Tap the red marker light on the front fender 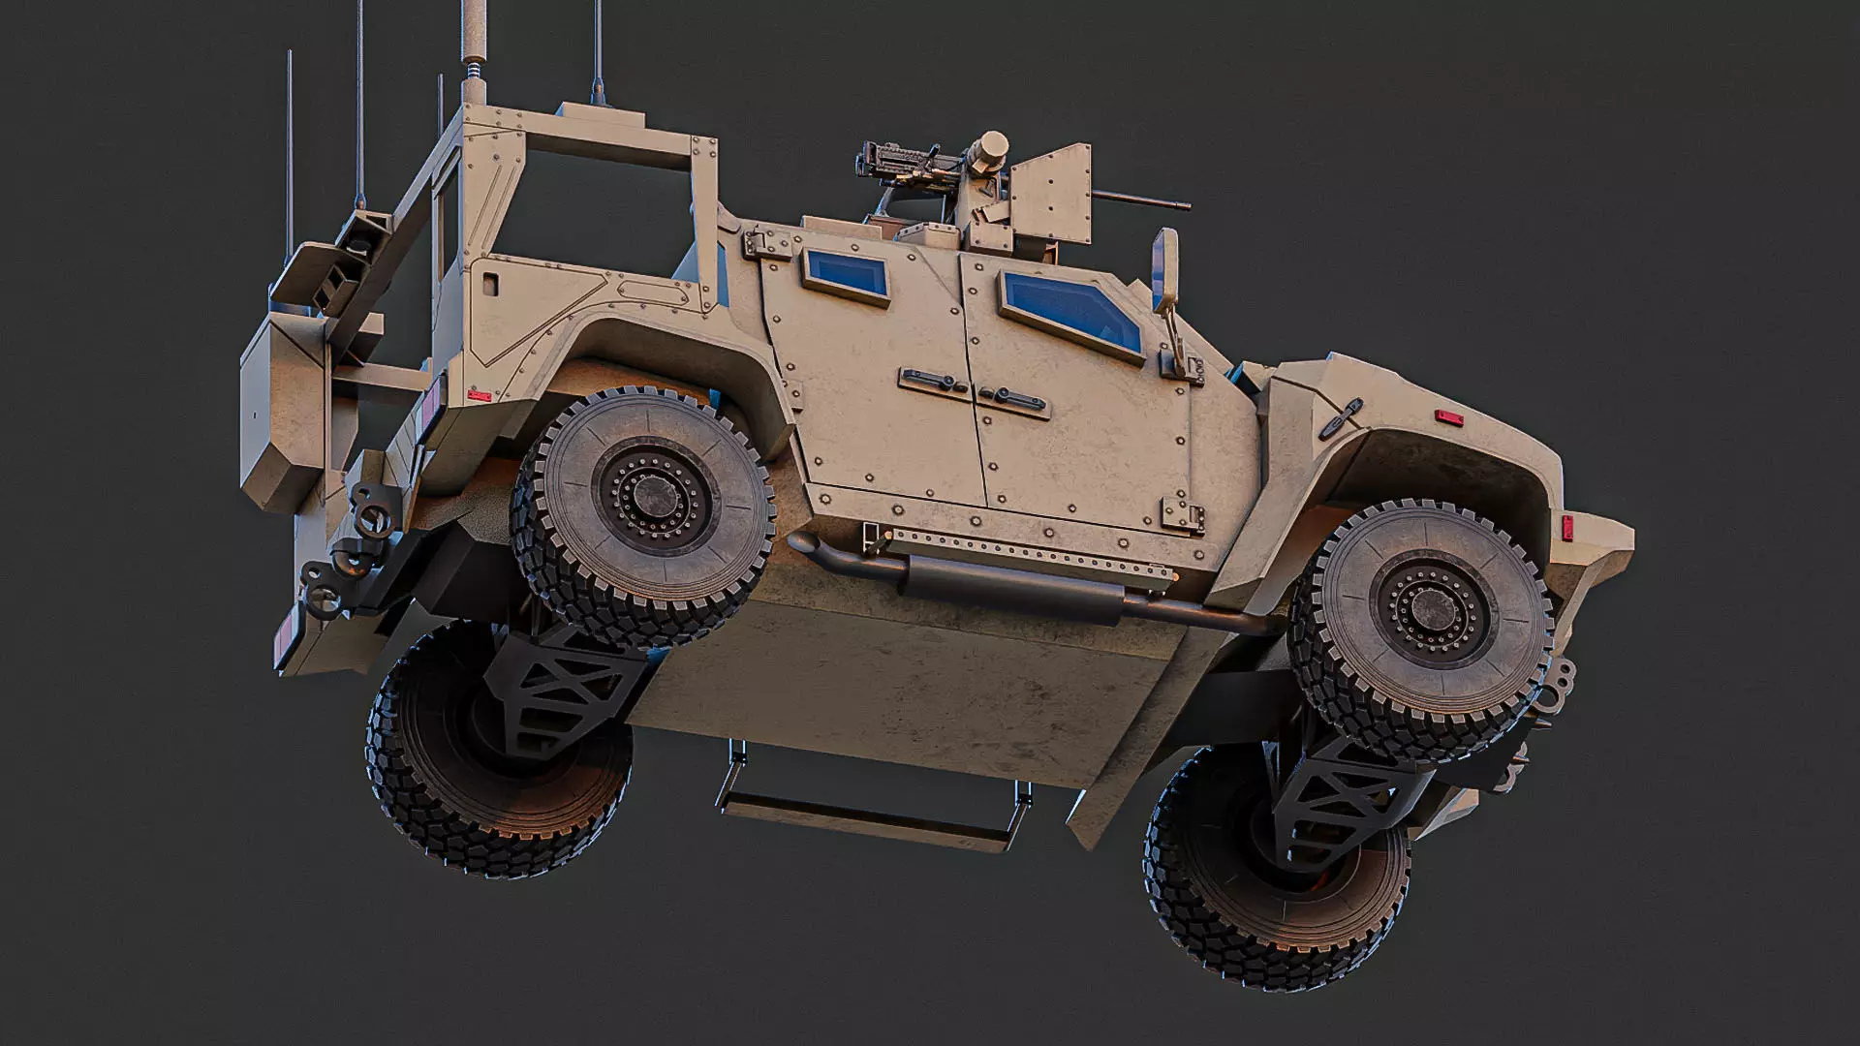(x=1449, y=417)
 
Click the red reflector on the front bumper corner (x=1566, y=528)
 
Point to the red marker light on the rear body (x=478, y=395)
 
